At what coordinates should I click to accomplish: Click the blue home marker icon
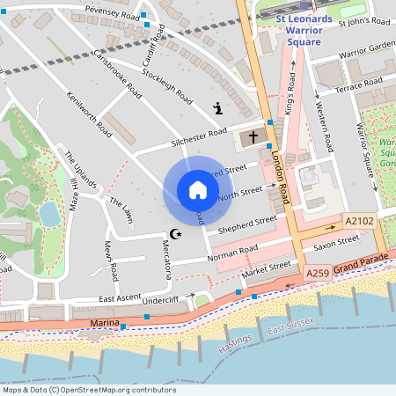pos(197,190)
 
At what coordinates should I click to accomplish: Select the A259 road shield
pos(318,275)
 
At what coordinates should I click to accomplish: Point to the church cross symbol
pos(253,137)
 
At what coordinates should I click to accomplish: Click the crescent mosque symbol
pos(176,234)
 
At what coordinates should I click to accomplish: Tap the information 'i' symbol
pos(217,108)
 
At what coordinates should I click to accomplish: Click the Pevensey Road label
pos(112,11)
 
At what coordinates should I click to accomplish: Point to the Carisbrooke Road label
pos(117,72)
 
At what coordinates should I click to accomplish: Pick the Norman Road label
pos(232,254)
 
